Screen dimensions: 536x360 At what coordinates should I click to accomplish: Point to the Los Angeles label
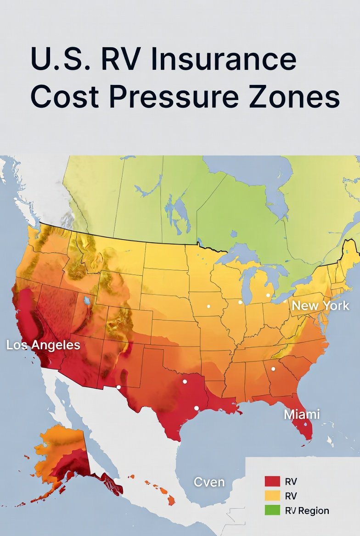click(x=43, y=345)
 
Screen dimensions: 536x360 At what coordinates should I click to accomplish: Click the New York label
click(x=321, y=306)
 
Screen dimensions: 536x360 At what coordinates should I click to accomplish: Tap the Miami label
click(x=302, y=414)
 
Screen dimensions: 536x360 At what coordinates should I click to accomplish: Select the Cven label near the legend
click(x=209, y=482)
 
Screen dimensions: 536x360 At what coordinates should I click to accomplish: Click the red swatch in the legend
click(x=272, y=481)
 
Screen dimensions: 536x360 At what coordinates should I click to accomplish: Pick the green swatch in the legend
click(x=272, y=510)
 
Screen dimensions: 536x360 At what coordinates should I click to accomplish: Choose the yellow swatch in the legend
click(x=272, y=496)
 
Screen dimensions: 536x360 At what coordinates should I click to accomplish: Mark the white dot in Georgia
click(x=273, y=368)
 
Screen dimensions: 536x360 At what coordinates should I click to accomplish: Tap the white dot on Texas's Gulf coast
click(x=197, y=408)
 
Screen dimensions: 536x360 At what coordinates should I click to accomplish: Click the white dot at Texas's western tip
click(x=118, y=387)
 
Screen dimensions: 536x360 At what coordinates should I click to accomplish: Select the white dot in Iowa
click(x=208, y=306)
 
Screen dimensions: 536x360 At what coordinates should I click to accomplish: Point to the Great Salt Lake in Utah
click(x=87, y=301)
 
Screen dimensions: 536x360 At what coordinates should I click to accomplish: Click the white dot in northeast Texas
click(x=185, y=381)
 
